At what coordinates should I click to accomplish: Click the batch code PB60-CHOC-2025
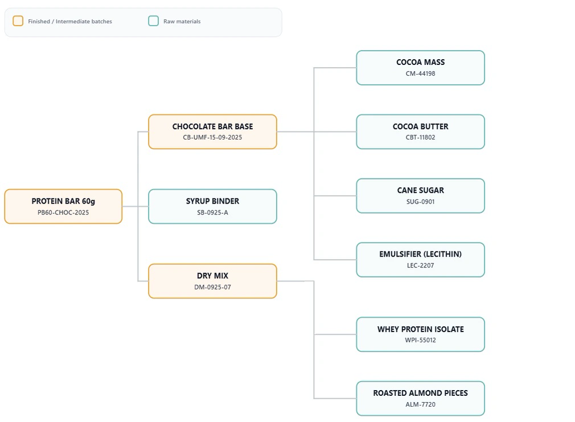tap(63, 213)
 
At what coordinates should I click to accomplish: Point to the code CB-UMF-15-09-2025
tap(212, 138)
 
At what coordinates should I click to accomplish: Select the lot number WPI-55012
tap(420, 340)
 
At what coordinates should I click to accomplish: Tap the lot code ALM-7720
tap(420, 404)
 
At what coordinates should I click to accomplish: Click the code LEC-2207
tap(420, 266)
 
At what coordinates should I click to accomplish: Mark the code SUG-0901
tap(420, 201)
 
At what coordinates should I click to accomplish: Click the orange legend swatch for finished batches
tap(18, 21)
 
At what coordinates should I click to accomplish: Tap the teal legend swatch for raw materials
tap(153, 21)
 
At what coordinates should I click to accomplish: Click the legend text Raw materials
tap(182, 22)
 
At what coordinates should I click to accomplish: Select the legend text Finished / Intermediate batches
tap(70, 22)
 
